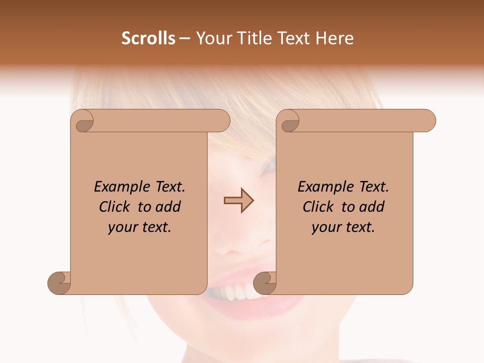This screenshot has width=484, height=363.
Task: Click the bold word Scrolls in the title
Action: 149,38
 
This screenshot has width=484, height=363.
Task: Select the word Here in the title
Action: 334,38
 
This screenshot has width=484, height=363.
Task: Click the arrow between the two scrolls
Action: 238,201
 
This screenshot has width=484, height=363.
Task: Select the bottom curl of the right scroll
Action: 265,283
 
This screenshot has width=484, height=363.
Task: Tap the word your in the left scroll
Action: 123,227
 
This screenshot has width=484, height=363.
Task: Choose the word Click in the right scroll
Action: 318,207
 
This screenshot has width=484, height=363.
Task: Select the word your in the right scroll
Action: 326,227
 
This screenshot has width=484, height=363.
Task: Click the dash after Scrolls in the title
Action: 185,39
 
